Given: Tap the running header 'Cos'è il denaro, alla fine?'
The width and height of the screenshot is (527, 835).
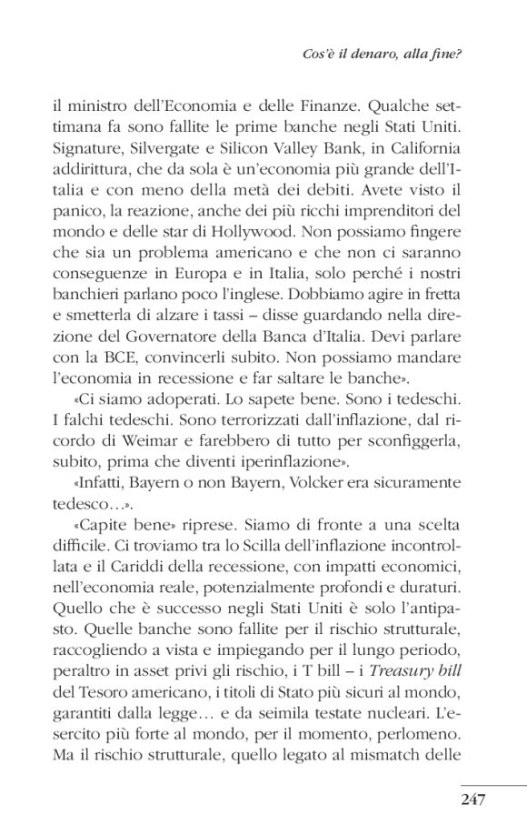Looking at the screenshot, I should [x=395, y=54].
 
